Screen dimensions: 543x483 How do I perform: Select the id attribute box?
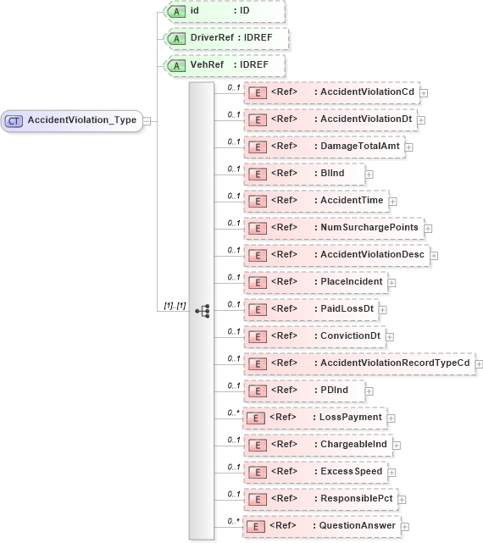pos(225,12)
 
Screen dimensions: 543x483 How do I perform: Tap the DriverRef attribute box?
pos(225,39)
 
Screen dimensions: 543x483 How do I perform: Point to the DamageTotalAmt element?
pos(325,147)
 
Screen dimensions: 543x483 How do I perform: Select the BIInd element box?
pos(304,174)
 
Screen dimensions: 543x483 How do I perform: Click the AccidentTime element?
pos(316,201)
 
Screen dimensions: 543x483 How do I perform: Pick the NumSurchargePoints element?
pos(334,228)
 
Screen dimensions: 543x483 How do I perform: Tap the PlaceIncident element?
pos(315,281)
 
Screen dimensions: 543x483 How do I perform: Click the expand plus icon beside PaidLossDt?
pos(383,309)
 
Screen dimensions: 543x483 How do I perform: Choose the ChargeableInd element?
pos(318,445)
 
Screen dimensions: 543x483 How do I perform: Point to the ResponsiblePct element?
pos(323,499)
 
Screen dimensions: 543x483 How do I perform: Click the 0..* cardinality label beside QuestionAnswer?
pos(231,520)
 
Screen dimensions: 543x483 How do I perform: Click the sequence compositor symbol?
pos(202,311)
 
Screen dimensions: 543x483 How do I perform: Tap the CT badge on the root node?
pos(14,120)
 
